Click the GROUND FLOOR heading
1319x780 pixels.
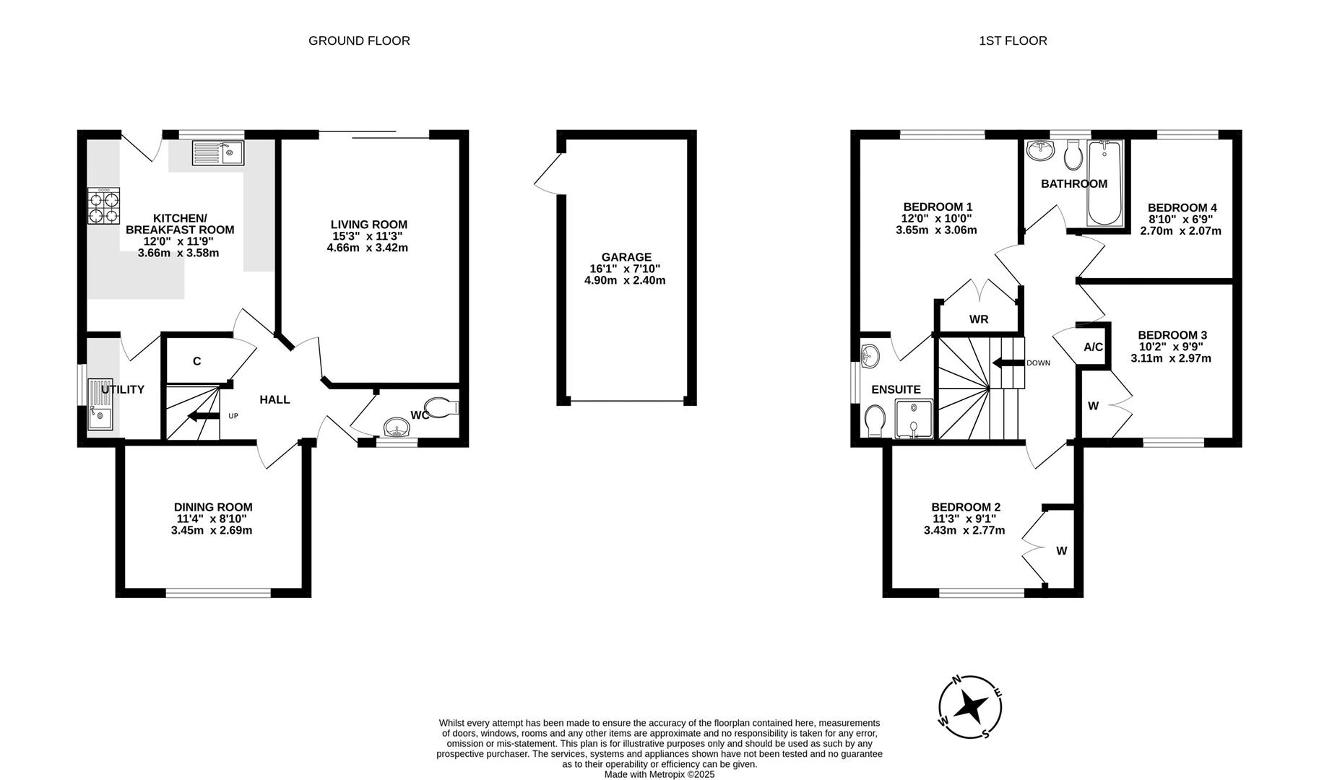359,40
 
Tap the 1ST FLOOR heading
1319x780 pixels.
1013,40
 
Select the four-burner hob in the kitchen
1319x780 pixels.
103,206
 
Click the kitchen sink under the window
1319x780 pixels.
218,153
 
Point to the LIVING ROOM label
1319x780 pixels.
368,225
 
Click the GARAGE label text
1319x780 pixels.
626,257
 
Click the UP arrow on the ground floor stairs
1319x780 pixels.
202,416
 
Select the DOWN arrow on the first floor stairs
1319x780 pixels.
1008,363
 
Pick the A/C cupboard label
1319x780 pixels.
1093,347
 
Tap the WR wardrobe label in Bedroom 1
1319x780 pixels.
979,319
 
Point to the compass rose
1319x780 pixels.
970,707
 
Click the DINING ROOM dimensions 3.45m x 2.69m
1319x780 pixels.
212,530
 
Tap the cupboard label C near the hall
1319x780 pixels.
196,362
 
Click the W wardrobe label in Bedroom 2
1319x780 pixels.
1061,551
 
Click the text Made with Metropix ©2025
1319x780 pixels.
659,773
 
